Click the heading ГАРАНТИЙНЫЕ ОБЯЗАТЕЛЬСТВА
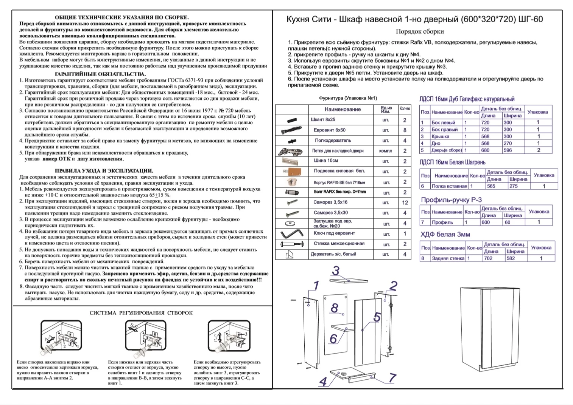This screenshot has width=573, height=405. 100,74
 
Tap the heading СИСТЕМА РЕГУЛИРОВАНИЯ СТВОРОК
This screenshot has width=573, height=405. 141,313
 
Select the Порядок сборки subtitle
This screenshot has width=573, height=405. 420,32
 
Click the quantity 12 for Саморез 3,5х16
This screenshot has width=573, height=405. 405,202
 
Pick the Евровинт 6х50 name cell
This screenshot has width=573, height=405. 330,130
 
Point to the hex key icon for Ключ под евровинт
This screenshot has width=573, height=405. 292,233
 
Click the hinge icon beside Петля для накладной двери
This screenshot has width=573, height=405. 291,151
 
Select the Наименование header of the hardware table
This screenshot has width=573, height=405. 343,109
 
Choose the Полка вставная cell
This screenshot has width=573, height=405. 449,186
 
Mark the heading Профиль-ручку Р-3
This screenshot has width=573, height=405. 451,200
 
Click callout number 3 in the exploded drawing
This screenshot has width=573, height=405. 336,271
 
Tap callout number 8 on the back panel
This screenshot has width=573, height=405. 334,308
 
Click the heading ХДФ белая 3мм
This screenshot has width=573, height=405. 445,234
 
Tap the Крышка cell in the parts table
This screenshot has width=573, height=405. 440,136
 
